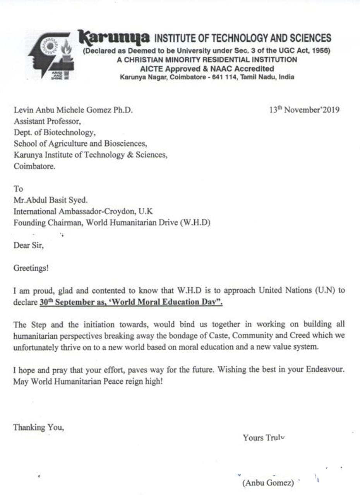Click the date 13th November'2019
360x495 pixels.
(x=304, y=110)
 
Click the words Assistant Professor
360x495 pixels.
(x=47, y=121)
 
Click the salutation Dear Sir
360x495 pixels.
(x=29, y=245)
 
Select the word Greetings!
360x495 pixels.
(x=31, y=268)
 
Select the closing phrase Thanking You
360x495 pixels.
(x=38, y=427)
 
